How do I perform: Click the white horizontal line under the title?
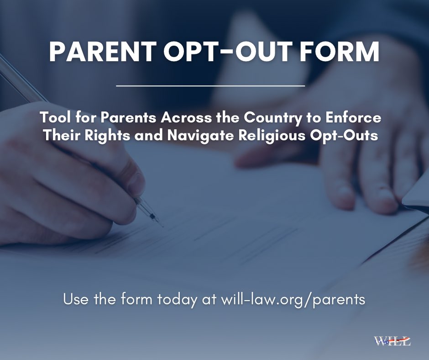tap(211, 85)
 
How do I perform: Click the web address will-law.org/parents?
tap(293, 299)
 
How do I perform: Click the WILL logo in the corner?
tap(392, 341)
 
